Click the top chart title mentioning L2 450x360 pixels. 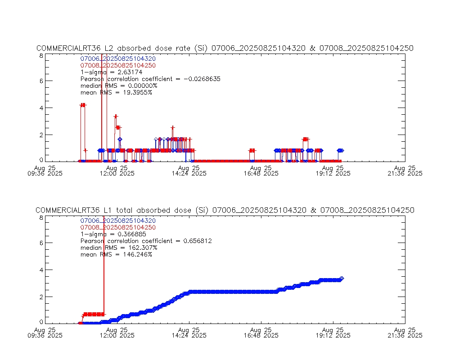tap(225, 49)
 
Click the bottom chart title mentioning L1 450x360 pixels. tap(225, 211)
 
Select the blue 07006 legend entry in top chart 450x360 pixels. tap(118, 59)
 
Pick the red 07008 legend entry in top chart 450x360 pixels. tap(118, 66)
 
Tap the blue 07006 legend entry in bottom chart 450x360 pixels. tap(118, 221)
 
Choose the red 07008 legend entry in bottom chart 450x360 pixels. tap(118, 228)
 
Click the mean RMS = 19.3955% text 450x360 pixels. tap(116, 92)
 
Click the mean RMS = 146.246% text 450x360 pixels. tap(116, 255)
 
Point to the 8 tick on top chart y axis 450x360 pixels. tap(41, 56)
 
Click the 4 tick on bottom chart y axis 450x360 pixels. tap(41, 270)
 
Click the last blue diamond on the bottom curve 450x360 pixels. tap(342, 279)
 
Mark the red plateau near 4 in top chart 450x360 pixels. tap(83, 105)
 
